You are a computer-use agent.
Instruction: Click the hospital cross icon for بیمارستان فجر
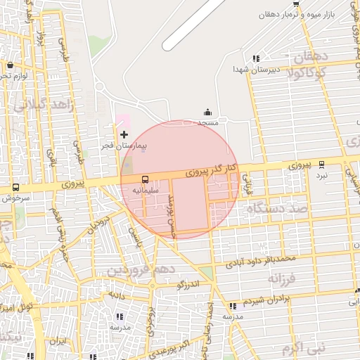(124, 134)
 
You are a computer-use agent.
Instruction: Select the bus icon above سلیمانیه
(146, 179)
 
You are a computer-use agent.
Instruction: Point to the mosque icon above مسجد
(207, 112)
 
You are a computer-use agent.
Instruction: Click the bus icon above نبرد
(321, 164)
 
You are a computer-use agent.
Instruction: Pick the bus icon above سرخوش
(16, 187)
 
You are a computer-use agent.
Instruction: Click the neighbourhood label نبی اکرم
(304, 347)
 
